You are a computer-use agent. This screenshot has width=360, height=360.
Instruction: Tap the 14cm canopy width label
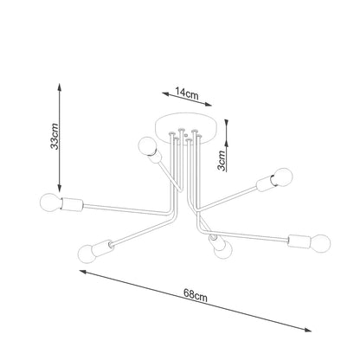click(x=183, y=90)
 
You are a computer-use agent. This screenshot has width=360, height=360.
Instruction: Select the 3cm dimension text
click(x=222, y=159)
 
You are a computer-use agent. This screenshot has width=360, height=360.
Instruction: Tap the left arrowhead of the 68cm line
click(x=83, y=272)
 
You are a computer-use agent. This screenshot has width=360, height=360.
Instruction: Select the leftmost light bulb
click(x=48, y=205)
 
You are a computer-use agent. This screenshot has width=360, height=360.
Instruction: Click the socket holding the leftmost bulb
click(x=70, y=207)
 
